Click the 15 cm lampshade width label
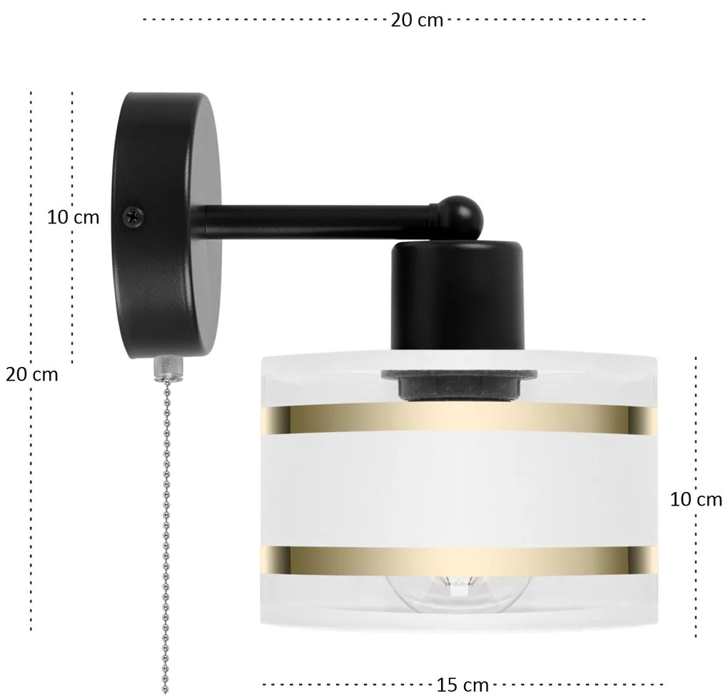(462, 685)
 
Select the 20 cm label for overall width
(417, 21)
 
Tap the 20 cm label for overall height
(31, 374)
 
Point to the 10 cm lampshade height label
(696, 500)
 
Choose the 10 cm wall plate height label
(74, 217)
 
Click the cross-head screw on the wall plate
(133, 216)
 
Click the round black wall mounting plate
(166, 226)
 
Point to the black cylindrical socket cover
(457, 296)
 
